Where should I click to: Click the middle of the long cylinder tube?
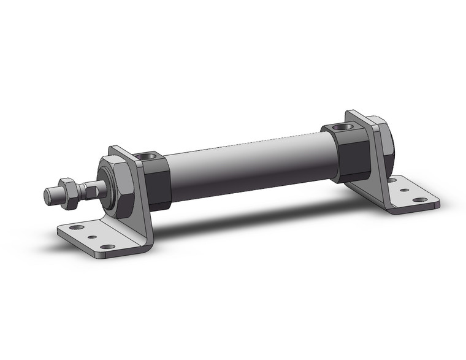point(245,172)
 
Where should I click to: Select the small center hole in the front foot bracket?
point(92,237)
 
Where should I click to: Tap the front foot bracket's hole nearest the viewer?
point(107,247)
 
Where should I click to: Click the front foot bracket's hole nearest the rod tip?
point(77,228)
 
